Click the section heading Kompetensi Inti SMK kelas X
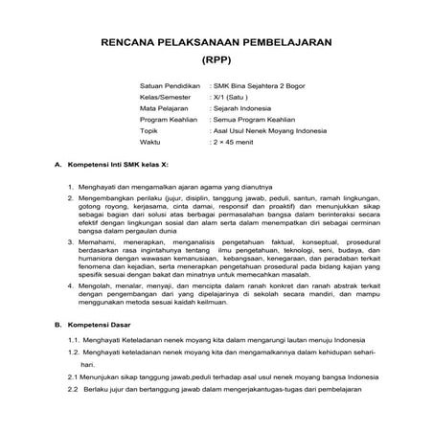tap(126, 166)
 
